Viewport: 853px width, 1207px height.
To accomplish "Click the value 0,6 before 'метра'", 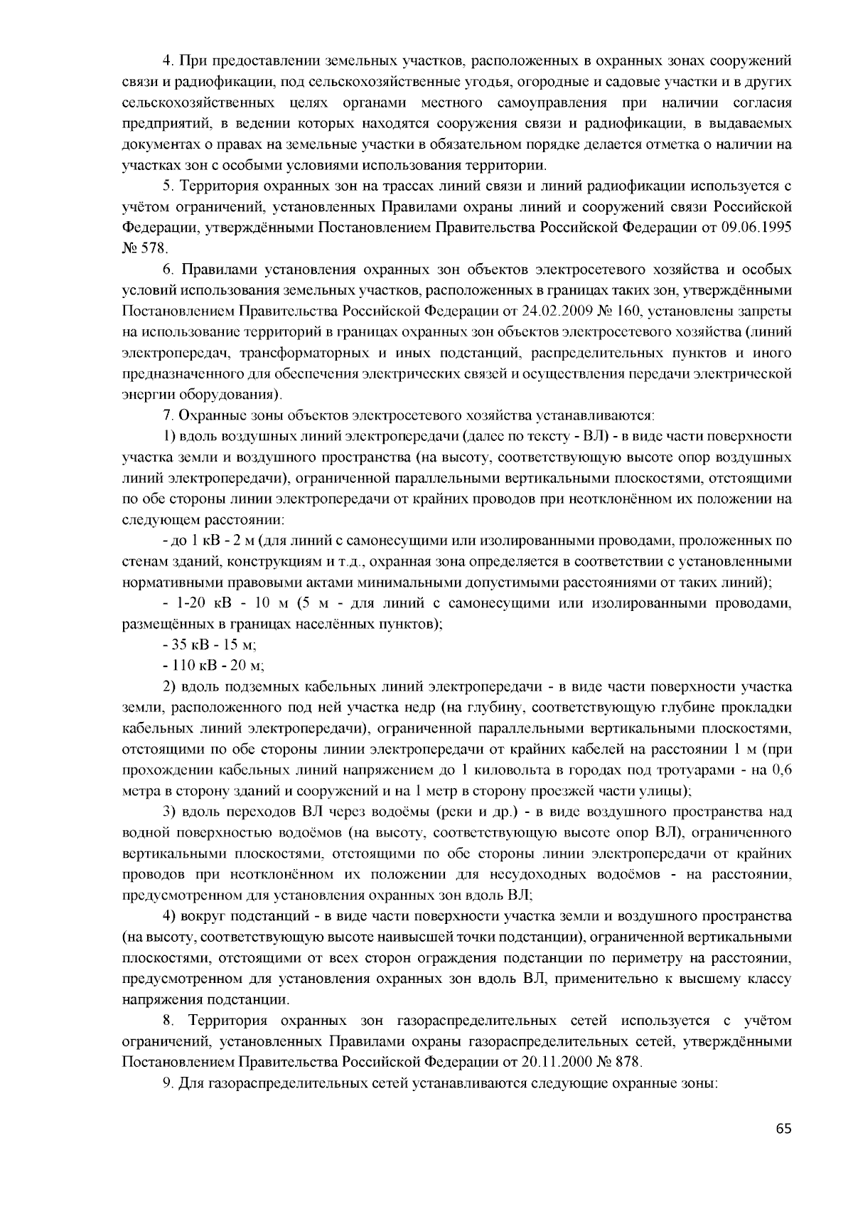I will pos(781,770).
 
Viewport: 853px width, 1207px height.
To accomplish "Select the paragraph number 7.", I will pos(168,415).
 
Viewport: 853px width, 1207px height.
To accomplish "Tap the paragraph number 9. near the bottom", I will pos(168,1083).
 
